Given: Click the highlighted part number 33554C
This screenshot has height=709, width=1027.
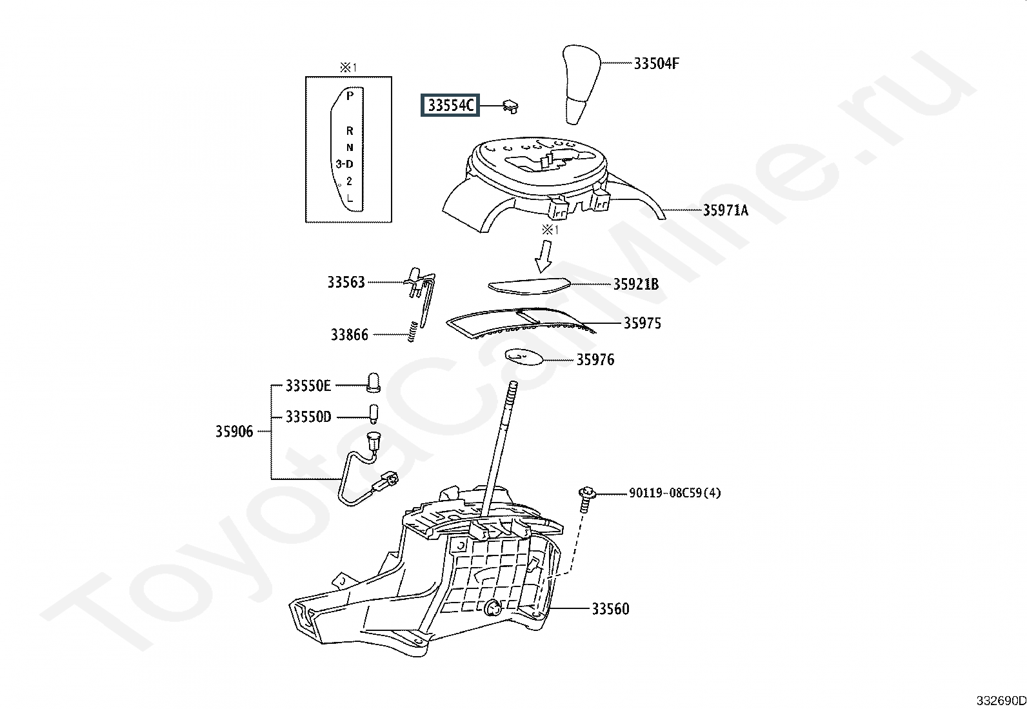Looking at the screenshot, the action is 450,105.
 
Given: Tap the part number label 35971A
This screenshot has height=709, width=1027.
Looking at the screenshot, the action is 726,210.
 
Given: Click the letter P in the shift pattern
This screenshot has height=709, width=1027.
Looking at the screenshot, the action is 350,95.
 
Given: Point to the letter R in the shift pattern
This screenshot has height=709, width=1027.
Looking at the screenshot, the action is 350,131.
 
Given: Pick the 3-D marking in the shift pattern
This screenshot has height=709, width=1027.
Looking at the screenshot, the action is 344,164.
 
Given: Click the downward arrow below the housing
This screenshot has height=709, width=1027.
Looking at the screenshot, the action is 544,256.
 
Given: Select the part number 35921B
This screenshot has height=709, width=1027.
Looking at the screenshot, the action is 636,285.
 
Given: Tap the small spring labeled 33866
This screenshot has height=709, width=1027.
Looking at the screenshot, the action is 413,331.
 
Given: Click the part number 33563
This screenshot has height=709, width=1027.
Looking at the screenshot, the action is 346,282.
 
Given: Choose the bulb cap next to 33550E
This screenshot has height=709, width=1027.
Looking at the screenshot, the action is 374,383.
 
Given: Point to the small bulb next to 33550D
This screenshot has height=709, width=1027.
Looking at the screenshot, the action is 374,414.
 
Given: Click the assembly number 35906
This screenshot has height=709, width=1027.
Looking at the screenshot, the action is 234,432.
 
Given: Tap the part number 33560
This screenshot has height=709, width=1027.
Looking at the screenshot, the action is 611,609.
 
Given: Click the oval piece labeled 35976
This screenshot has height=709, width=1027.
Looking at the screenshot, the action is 524,356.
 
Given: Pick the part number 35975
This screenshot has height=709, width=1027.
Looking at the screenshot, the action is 643,323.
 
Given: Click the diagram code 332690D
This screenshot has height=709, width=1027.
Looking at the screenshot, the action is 1001,701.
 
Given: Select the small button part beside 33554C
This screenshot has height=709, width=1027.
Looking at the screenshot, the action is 510,106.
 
